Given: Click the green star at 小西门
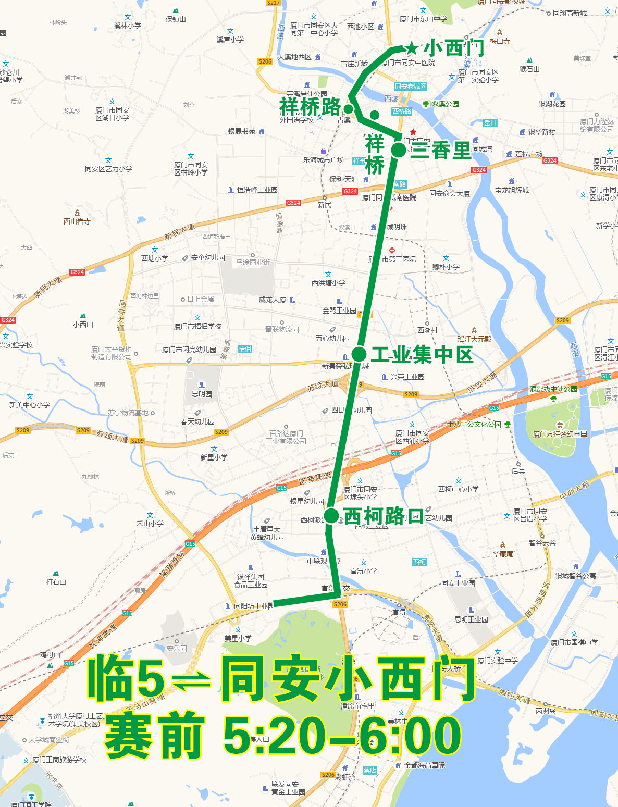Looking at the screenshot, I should point(412,48).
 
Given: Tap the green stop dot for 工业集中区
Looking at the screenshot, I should point(359,354).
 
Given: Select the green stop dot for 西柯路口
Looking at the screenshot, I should point(331,516).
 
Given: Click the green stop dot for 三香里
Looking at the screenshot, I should point(399,150).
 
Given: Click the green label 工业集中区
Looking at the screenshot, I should point(422,355).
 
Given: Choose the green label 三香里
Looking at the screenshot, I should point(441,151).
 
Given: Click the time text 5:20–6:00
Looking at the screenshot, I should point(342,736).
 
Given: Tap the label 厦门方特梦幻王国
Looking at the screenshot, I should point(560,434).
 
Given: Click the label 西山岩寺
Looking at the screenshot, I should point(77,221).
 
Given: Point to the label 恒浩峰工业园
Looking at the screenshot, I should point(257,190).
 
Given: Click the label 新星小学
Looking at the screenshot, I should point(214,457).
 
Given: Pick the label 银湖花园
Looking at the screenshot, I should point(552,104).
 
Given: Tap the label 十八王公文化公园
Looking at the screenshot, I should point(474,424).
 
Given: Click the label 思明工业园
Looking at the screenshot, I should point(471,619).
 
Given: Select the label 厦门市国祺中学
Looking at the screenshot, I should point(574,642).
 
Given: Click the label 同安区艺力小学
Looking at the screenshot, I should point(108,169).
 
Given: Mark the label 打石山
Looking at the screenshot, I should point(56,582).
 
